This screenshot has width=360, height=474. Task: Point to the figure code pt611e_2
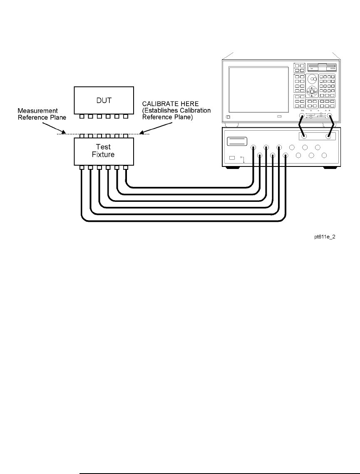[x=325, y=236]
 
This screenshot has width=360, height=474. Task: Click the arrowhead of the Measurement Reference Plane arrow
[x=64, y=134]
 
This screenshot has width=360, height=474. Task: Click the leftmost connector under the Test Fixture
[x=82, y=168]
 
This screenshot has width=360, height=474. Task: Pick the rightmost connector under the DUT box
[x=125, y=117]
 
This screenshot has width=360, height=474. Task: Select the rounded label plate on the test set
[x=237, y=141]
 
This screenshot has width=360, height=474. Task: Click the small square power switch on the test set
[x=232, y=159]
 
